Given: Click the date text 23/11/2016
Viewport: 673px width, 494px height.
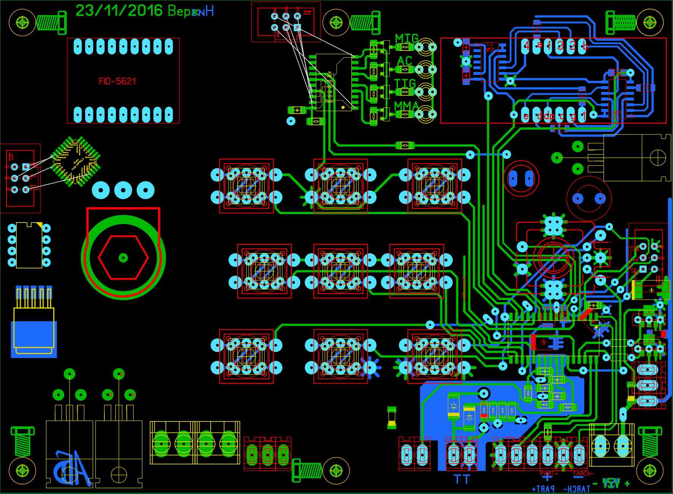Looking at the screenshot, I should tap(119, 11).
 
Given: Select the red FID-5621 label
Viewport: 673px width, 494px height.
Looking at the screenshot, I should tap(117, 81).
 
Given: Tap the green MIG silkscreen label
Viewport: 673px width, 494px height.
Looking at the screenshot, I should tap(407, 38).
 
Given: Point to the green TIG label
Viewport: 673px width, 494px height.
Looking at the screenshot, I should tap(405, 84).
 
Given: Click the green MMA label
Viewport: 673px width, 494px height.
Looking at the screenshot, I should tap(407, 106).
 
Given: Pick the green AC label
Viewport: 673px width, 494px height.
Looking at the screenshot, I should tap(404, 61).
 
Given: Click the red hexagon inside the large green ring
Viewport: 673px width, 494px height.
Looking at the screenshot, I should tap(123, 258).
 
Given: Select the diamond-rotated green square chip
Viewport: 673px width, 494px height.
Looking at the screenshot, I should tap(76, 161).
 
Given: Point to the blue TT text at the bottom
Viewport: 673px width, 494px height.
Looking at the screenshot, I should tap(462, 479).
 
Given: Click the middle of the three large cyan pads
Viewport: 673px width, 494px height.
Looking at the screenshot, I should tap(123, 190).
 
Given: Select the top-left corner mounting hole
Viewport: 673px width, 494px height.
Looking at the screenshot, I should tap(22, 22).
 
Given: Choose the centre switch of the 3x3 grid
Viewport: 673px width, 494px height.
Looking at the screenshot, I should tap(340, 271).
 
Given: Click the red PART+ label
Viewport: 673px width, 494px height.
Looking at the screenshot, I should tap(549, 474).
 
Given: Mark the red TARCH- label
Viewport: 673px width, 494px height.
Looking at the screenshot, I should tap(583, 474).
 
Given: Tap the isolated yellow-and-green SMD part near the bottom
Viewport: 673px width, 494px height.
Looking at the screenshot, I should tap(392, 418).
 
